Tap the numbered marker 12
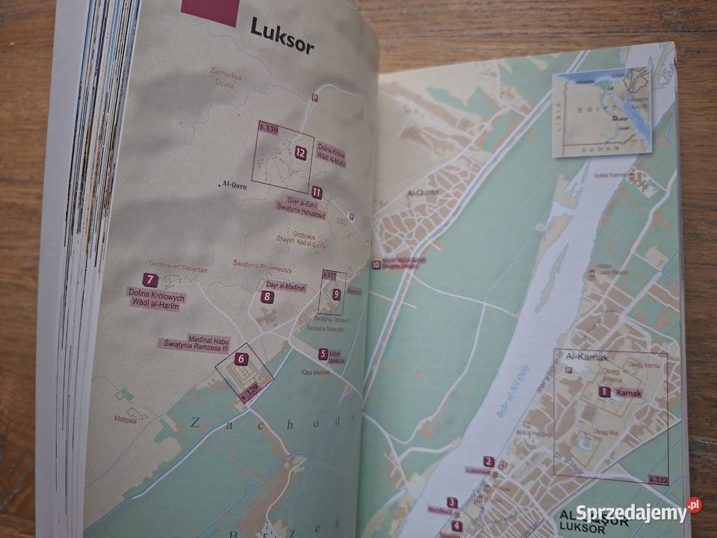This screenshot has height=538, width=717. [300, 152]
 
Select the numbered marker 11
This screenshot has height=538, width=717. [317, 192]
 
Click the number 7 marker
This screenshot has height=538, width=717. [150, 281]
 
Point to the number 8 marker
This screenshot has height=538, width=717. [267, 297]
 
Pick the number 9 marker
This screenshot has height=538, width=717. [336, 294]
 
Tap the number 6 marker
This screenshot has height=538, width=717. [240, 359]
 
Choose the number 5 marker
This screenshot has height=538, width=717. [323, 354]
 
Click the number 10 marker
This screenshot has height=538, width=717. [376, 264]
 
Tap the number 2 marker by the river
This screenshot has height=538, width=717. [488, 461]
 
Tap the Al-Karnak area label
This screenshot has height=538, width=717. [586, 356]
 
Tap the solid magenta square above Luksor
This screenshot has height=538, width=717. [209, 12]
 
